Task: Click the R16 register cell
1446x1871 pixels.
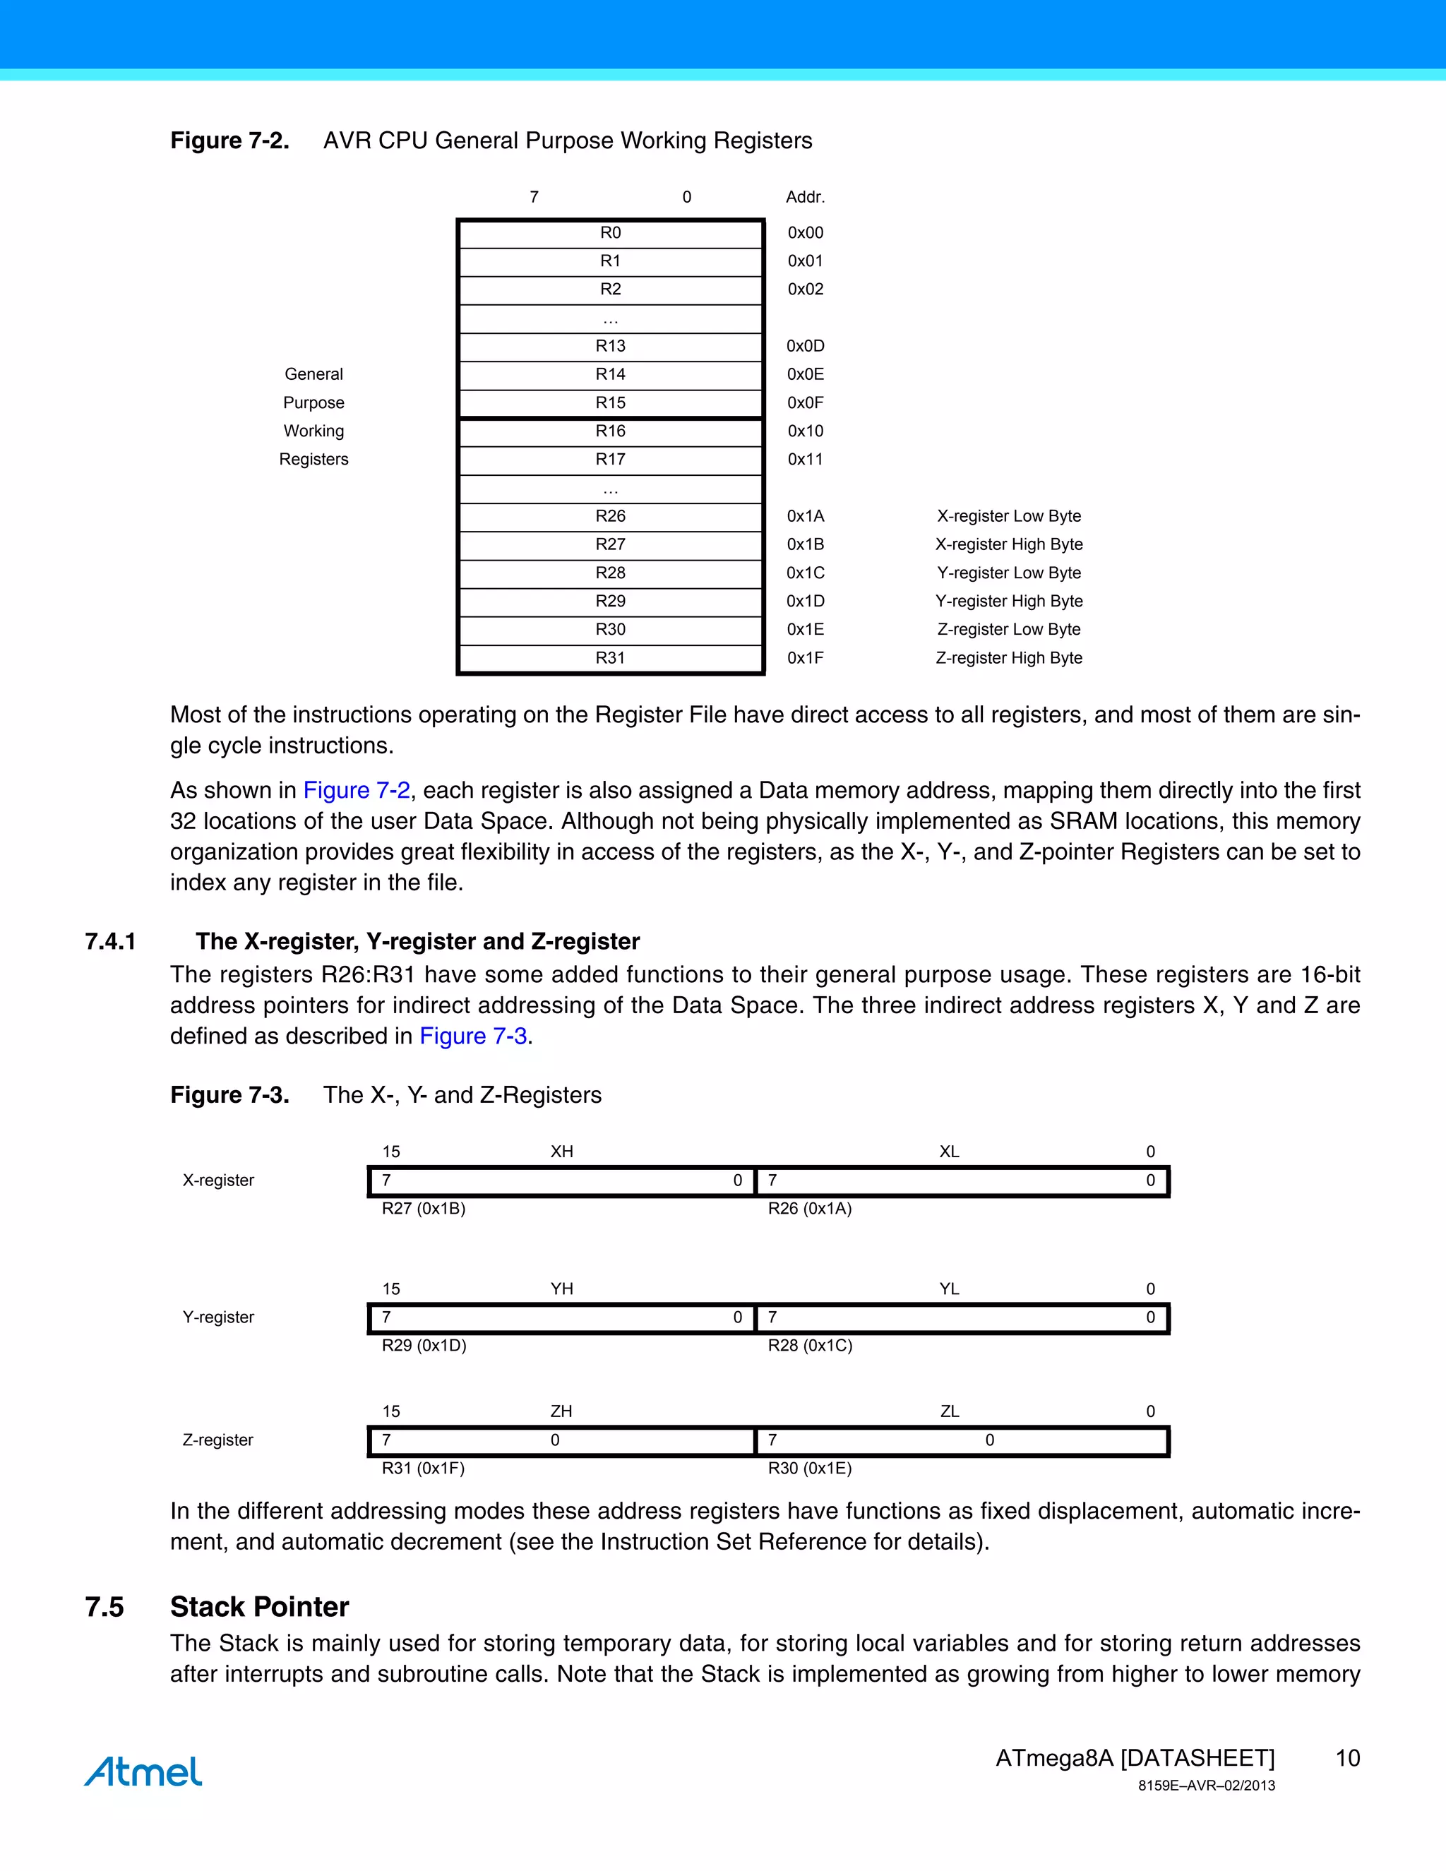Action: coord(610,431)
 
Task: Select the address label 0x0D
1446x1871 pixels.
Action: coord(805,346)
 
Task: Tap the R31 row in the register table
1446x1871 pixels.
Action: coord(610,658)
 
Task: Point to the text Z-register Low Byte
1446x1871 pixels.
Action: coord(1008,630)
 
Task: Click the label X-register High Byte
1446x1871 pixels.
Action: coord(1008,545)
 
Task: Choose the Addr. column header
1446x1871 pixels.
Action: coord(805,197)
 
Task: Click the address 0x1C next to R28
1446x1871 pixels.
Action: coord(805,573)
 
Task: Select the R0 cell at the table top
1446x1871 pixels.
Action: coord(610,233)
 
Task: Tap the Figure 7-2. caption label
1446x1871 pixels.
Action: coord(229,141)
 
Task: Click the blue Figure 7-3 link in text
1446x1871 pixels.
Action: coord(473,1036)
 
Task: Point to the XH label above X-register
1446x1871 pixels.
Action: coord(561,1152)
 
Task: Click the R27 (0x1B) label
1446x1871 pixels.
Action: coord(423,1209)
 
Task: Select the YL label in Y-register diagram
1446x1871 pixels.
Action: coord(948,1289)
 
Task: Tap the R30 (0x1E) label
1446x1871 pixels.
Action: coord(810,1469)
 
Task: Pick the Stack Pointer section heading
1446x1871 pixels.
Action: coord(260,1607)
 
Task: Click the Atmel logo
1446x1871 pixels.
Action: coord(143,1771)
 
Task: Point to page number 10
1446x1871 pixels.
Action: coord(1347,1759)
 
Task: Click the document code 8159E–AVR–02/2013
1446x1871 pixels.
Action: coord(1206,1786)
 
